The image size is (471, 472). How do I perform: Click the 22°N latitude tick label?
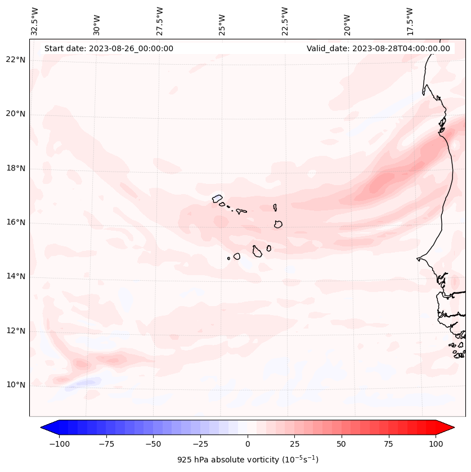(16, 60)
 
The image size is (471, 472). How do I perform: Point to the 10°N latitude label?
(16, 385)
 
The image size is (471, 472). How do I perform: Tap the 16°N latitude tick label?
(16, 222)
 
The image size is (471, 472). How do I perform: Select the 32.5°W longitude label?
(35, 21)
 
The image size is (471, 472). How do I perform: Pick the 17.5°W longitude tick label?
(410, 21)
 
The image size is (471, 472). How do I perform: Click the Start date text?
(109, 48)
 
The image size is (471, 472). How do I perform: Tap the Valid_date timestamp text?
(378, 48)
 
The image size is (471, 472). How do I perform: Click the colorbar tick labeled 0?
(248, 443)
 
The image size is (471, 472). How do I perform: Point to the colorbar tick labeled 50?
(342, 443)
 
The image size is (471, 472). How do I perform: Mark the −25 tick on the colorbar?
(200, 443)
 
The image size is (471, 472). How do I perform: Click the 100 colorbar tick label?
(436, 443)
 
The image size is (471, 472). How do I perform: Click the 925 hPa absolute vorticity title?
(248, 460)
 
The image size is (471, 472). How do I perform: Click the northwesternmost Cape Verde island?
(217, 198)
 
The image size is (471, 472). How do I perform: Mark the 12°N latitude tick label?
(16, 331)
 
